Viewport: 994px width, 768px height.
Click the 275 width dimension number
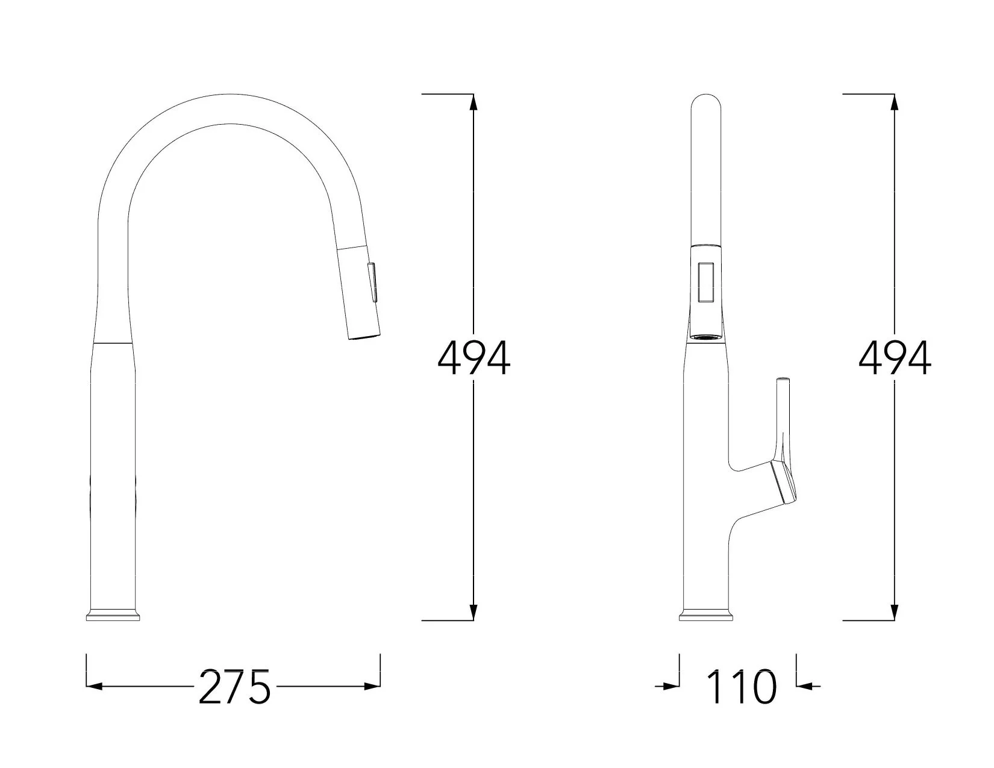[234, 687]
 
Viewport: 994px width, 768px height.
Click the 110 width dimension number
[742, 687]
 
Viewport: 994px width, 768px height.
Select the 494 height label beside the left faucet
[474, 358]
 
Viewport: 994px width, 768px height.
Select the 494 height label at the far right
[895, 358]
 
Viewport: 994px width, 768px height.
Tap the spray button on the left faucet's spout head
[372, 282]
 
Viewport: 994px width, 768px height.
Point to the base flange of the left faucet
[113, 615]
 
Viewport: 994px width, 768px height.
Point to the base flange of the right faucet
[706, 615]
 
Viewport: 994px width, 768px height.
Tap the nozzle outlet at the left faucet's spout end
[365, 337]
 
